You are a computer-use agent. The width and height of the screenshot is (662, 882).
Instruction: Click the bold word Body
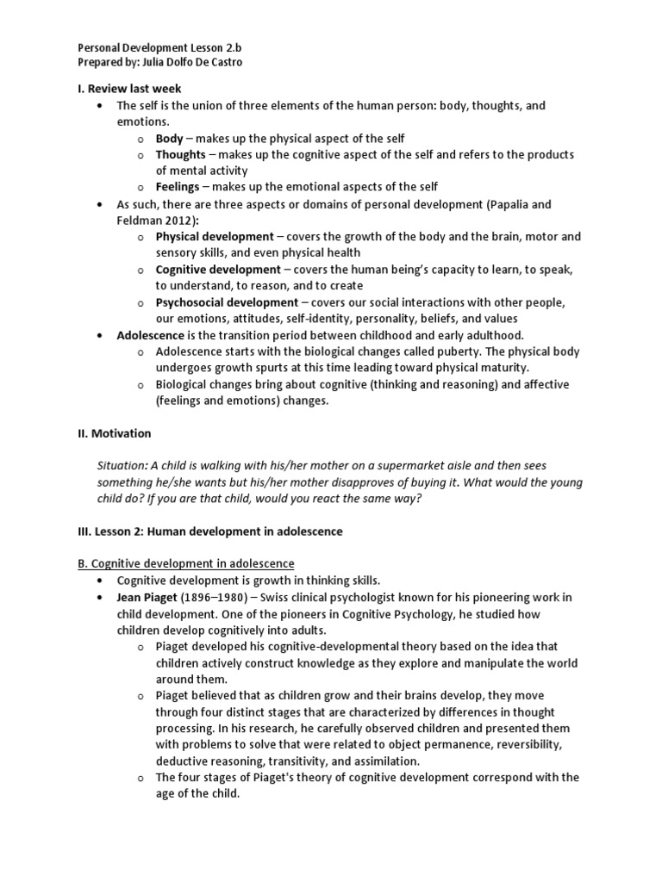[170, 138]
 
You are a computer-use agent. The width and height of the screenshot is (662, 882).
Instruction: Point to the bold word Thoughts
[181, 154]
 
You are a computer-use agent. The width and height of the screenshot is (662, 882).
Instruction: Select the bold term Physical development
[214, 236]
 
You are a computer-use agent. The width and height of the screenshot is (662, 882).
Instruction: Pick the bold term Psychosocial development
[227, 301]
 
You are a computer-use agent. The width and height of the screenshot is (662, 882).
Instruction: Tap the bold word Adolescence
[151, 334]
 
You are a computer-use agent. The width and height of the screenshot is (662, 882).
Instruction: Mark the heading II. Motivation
[122, 433]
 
